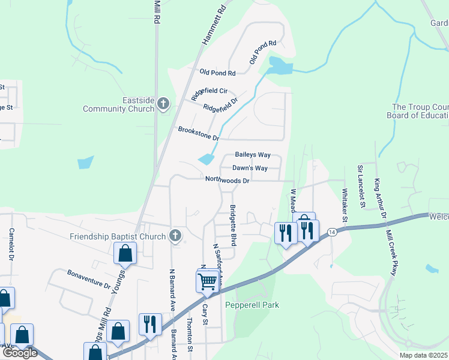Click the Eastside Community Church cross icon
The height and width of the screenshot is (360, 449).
[x=163, y=104]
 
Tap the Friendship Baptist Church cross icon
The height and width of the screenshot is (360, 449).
[x=175, y=235]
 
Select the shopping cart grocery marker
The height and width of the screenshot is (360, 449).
[x=207, y=280]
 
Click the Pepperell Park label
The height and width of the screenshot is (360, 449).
[x=252, y=305]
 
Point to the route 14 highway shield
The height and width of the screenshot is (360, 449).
[x=331, y=232]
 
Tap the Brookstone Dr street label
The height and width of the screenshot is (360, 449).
[x=198, y=133]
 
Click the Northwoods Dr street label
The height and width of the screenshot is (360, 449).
[x=227, y=179]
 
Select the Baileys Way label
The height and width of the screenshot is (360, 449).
[x=253, y=155]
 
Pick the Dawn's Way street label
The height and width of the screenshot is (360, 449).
[x=250, y=168]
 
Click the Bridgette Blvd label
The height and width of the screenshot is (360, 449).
[x=232, y=225]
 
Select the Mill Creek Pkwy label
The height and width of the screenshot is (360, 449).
[x=393, y=252]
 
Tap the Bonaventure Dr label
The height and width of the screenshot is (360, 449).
[x=89, y=279]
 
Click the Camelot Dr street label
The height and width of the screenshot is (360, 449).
[x=11, y=244]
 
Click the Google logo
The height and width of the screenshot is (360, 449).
[x=20, y=353]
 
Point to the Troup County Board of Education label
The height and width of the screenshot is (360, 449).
[x=418, y=111]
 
